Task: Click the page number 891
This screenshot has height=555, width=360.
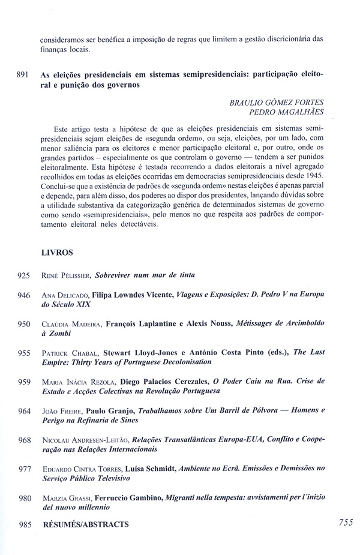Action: [23, 76]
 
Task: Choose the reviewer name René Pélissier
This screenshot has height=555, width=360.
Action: [67, 276]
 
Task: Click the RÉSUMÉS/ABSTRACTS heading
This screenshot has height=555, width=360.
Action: [85, 524]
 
